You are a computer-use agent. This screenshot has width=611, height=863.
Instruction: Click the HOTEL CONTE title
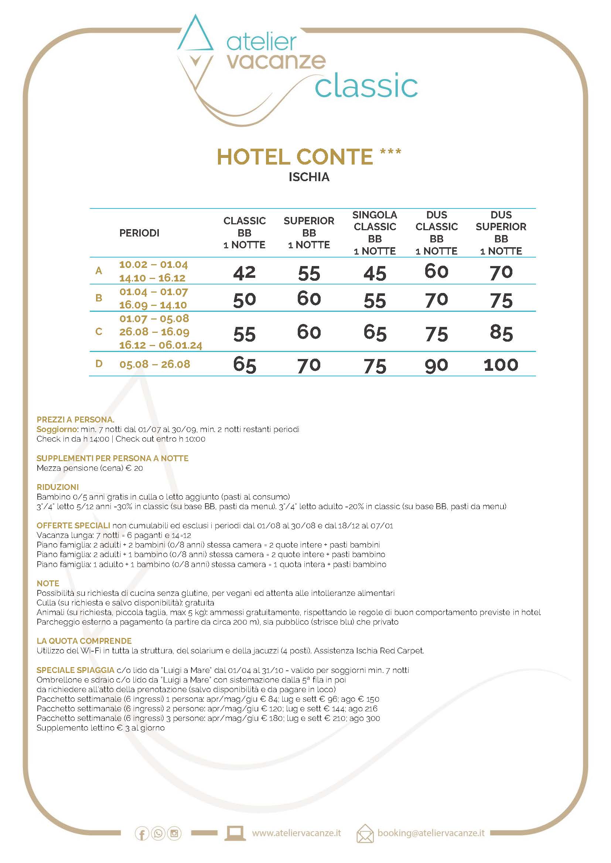pyautogui.click(x=296, y=157)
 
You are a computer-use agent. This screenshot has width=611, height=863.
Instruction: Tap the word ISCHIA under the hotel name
pyautogui.click(x=309, y=177)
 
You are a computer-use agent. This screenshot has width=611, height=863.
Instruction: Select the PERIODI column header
pyautogui.click(x=139, y=233)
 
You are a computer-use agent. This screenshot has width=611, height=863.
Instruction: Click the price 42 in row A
pyautogui.click(x=244, y=273)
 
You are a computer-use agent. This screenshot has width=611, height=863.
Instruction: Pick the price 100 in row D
pyautogui.click(x=501, y=365)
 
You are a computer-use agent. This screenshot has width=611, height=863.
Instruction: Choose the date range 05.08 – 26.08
pyautogui.click(x=155, y=364)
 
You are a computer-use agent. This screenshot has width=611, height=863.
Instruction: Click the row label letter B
pyautogui.click(x=99, y=298)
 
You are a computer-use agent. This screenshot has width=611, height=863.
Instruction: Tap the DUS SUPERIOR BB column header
pyautogui.click(x=501, y=233)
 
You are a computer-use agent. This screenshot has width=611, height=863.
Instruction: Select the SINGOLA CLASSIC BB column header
pyautogui.click(x=375, y=233)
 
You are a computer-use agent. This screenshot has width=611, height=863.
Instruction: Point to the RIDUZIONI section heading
pyautogui.click(x=58, y=487)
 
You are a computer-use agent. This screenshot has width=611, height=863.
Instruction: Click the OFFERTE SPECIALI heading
pyautogui.click(x=74, y=525)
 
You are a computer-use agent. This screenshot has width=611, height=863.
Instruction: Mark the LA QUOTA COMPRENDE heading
pyautogui.click(x=84, y=641)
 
